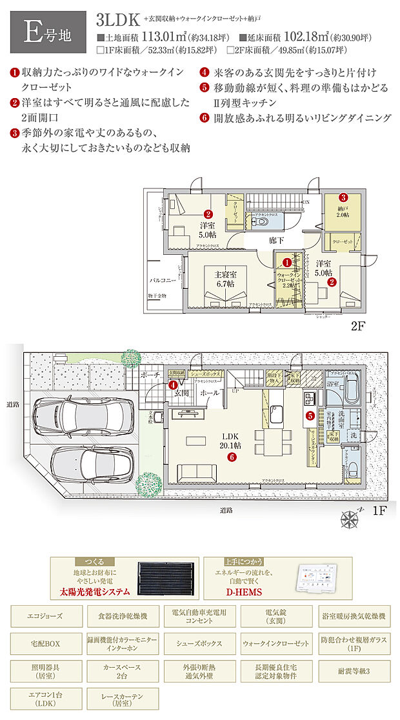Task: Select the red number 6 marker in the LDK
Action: (x=231, y=457)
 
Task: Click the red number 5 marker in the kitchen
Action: (x=310, y=416)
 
